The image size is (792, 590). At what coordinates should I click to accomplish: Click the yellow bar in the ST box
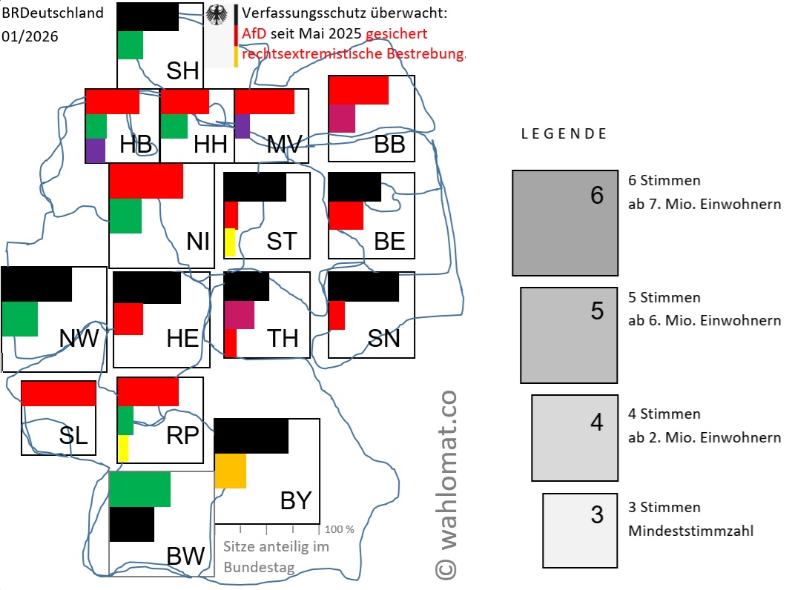click(230, 242)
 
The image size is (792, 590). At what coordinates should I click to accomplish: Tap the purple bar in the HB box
click(96, 150)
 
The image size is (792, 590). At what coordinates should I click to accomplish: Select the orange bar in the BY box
click(230, 471)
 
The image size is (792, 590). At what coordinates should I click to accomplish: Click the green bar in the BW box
click(140, 489)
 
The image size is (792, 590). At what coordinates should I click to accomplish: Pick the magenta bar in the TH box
click(239, 315)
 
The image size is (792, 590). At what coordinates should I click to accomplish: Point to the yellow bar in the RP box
click(123, 448)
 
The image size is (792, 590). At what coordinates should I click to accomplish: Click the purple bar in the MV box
click(242, 126)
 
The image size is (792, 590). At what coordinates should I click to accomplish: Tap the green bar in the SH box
click(130, 44)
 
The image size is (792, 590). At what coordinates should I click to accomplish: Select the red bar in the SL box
click(59, 394)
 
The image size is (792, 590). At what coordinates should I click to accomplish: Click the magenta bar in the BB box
click(342, 119)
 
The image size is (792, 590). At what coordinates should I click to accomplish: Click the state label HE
click(182, 338)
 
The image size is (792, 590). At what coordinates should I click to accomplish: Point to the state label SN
click(383, 338)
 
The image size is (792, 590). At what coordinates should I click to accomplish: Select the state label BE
click(389, 242)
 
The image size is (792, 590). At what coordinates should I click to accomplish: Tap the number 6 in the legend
click(597, 196)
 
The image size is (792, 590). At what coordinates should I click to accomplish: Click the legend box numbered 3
click(580, 531)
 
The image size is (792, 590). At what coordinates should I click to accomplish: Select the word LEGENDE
click(564, 134)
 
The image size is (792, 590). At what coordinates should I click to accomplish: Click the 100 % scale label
click(339, 529)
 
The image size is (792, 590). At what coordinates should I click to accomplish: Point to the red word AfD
click(254, 34)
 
